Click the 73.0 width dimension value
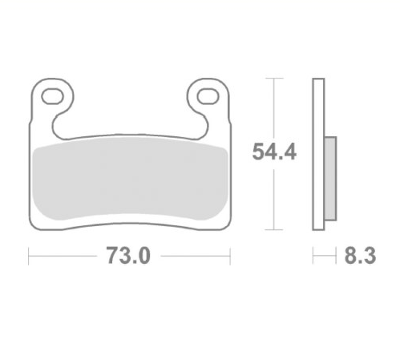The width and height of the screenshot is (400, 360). (128, 256)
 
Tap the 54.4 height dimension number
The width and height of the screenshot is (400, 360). (274, 152)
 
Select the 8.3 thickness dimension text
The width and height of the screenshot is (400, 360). (360, 256)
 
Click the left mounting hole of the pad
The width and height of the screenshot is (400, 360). (52, 96)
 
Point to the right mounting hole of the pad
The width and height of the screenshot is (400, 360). (208, 96)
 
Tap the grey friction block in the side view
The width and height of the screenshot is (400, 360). (330, 179)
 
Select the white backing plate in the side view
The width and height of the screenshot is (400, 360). (318, 154)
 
